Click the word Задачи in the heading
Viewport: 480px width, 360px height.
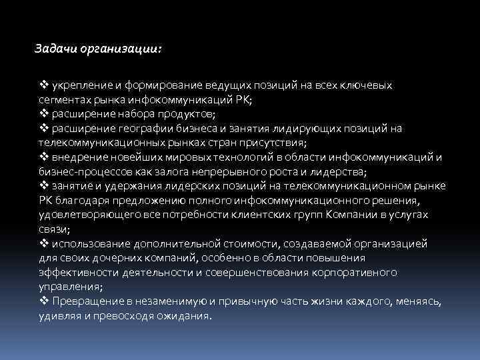55,49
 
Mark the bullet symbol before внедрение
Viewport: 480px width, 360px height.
43,156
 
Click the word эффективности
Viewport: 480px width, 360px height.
71,272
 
